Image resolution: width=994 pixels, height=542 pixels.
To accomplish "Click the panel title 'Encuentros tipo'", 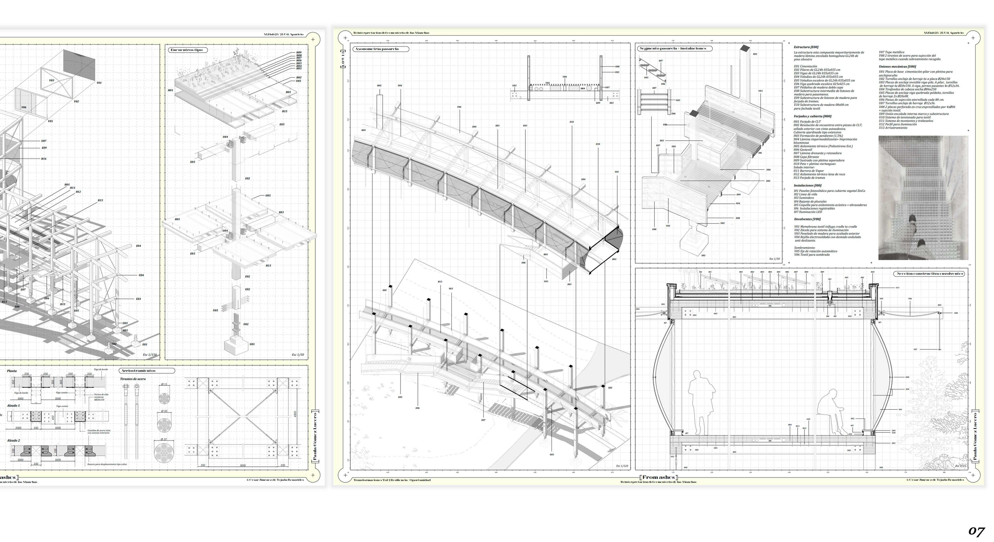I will pyautogui.click(x=186, y=50).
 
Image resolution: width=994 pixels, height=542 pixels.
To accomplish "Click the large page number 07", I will pyautogui.click(x=976, y=532).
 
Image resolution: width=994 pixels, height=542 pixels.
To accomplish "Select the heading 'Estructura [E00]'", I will pyautogui.click(x=806, y=47).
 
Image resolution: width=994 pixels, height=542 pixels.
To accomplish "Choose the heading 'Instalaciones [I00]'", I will pyautogui.click(x=807, y=186).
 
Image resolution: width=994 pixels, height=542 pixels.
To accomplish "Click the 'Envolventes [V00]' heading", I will pyautogui.click(x=807, y=219).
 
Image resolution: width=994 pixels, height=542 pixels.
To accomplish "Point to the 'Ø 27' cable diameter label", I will pyautogui.click(x=164, y=439).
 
